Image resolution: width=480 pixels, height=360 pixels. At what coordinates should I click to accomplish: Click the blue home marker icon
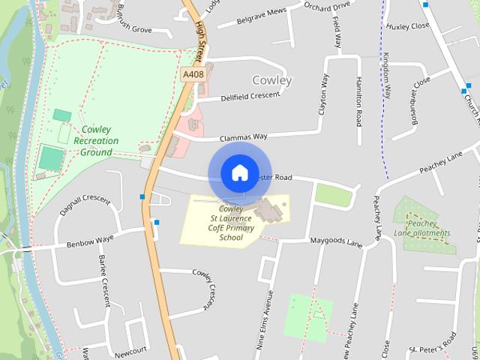[x=239, y=172]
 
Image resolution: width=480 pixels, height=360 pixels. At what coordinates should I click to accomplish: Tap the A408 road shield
[x=192, y=74]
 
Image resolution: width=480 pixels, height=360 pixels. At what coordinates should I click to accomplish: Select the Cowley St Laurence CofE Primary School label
[x=231, y=223]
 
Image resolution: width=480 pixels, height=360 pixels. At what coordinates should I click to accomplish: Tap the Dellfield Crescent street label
[x=250, y=97]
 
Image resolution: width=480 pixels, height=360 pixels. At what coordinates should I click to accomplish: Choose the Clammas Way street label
[x=243, y=138]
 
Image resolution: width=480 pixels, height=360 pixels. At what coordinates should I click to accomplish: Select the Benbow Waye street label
[x=89, y=242]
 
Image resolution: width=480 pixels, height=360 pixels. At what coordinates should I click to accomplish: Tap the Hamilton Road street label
[x=359, y=100]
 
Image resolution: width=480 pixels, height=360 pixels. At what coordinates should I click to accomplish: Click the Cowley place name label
[x=271, y=79]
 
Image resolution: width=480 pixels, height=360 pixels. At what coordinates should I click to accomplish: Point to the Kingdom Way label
[x=387, y=75]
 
